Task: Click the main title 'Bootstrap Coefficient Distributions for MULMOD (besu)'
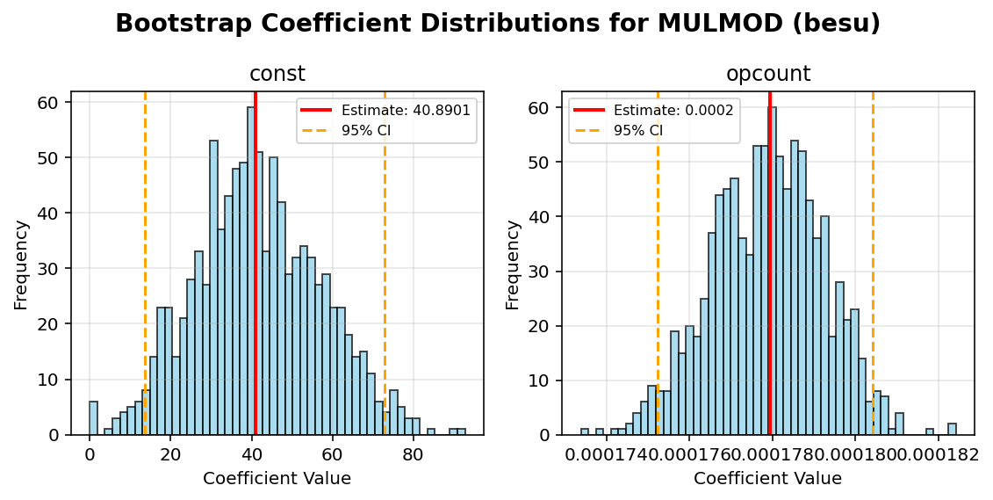[497, 24]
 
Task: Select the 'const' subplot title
[277, 75]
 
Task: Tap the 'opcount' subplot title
[767, 75]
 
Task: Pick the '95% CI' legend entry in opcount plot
[637, 130]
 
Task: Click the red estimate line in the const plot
[255, 264]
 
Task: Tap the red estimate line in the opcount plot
[770, 264]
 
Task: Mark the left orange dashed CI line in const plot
[145, 264]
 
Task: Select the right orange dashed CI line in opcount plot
[873, 264]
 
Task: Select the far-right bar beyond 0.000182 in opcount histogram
[952, 429]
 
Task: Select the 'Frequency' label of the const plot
[22, 264]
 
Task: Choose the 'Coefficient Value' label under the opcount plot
[767, 479]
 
